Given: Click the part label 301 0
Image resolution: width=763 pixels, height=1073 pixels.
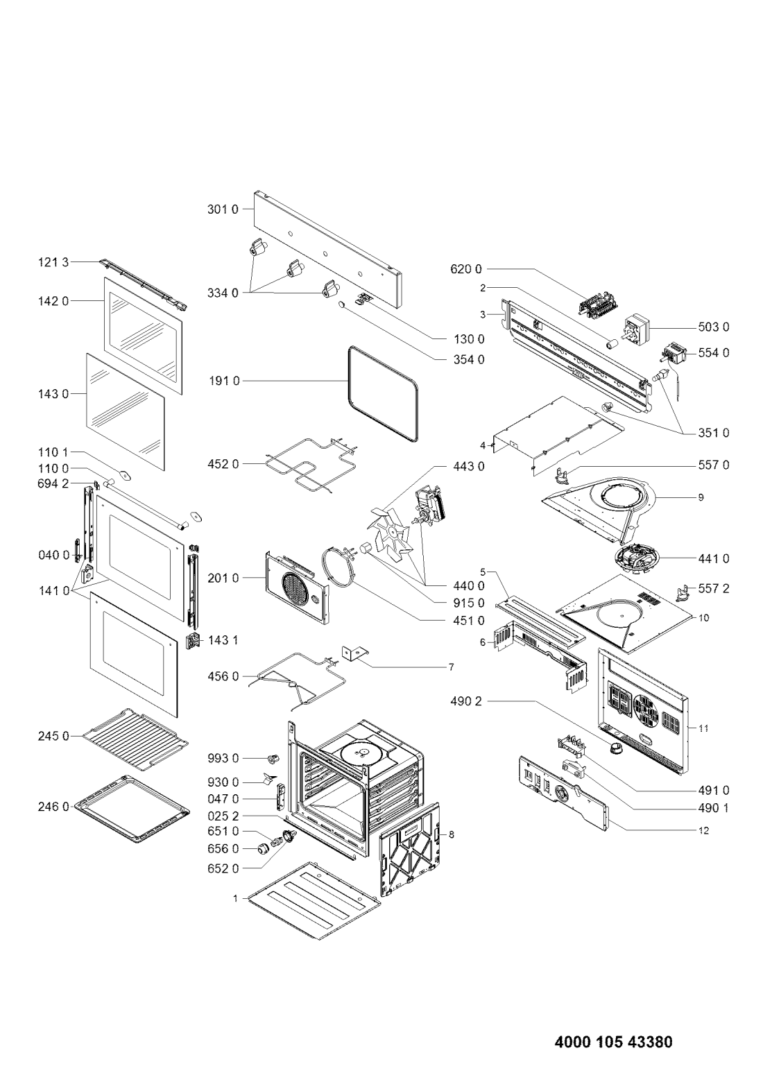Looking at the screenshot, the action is coord(223,209).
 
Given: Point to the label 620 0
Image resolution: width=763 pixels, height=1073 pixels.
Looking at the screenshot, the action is coord(466,269).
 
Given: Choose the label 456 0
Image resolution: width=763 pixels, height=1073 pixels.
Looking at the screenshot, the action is coord(223,676).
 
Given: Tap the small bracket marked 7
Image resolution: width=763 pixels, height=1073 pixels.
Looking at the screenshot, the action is coord(354,654).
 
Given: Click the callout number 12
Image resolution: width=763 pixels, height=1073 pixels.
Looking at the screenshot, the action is coord(703,831).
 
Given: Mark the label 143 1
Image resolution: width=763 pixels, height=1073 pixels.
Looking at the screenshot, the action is coord(223,640).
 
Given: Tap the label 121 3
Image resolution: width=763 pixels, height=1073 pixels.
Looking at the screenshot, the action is coord(53,262).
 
